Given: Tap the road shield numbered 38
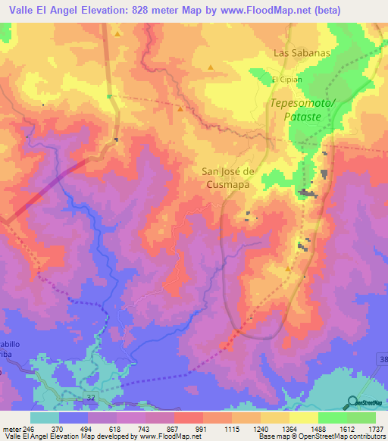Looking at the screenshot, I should tap(381, 358).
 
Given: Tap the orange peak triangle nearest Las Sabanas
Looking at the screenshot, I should tap(210, 67).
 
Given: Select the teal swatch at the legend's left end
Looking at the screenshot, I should tap(45, 418).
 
